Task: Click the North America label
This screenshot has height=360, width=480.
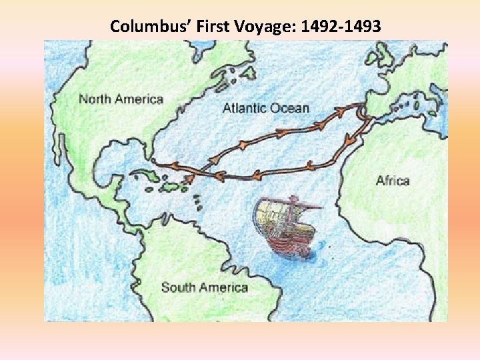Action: pos(121,99)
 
